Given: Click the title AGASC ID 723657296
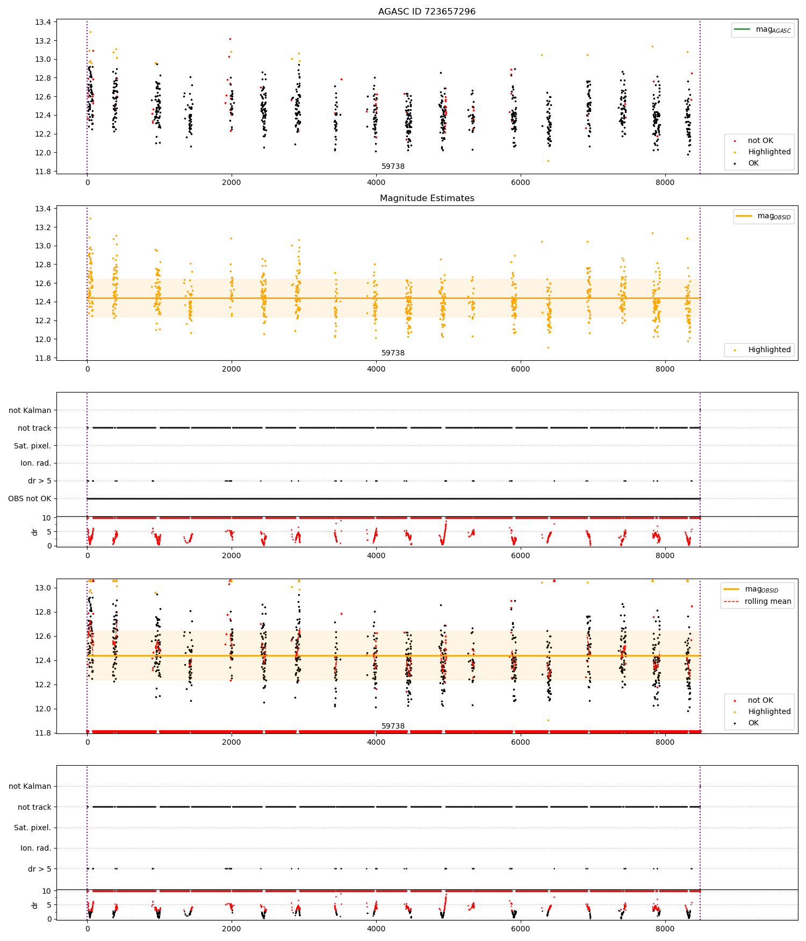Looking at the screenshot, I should click(x=427, y=12).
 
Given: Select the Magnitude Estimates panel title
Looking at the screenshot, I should click(x=427, y=198).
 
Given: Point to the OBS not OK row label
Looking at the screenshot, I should click(x=30, y=499).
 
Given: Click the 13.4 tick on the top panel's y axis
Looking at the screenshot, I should click(x=43, y=23).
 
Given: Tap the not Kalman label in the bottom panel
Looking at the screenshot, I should click(x=30, y=786).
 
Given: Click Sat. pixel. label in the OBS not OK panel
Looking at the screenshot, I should click(x=32, y=446).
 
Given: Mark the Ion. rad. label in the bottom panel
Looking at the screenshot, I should click(x=35, y=848).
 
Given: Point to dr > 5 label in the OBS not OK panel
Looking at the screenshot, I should click(x=39, y=481).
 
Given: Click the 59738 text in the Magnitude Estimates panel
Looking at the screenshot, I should click(x=393, y=353).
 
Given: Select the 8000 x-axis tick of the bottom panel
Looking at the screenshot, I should click(x=665, y=929).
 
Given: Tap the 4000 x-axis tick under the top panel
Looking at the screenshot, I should click(x=376, y=182).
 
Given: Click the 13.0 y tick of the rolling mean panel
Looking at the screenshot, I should click(x=43, y=588).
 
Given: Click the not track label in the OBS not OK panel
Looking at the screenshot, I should click(x=34, y=428).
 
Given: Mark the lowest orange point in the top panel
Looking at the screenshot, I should click(x=548, y=161).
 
